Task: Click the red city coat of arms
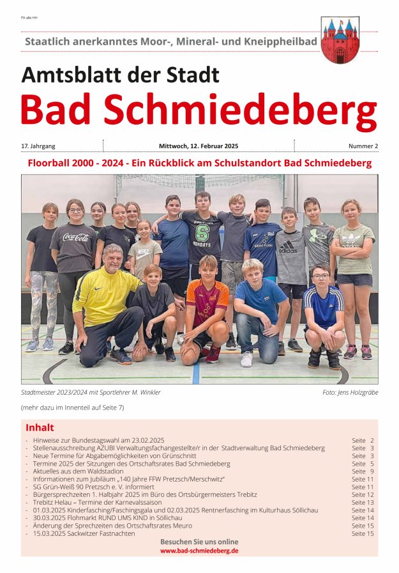pyautogui.click(x=340, y=40)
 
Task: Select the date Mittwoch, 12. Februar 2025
pyautogui.click(x=199, y=146)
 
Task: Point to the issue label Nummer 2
pyautogui.click(x=363, y=146)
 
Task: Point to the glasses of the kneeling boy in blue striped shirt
pyautogui.click(x=321, y=277)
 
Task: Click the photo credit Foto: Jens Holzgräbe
pyautogui.click(x=350, y=392)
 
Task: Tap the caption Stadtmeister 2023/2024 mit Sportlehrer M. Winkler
pyautogui.click(x=91, y=392)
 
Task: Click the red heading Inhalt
pyautogui.click(x=40, y=427)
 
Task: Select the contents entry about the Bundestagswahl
pyautogui.click(x=98, y=441)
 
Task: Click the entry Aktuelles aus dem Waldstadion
pyautogui.click(x=79, y=471)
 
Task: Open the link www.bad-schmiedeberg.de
pyautogui.click(x=199, y=550)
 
